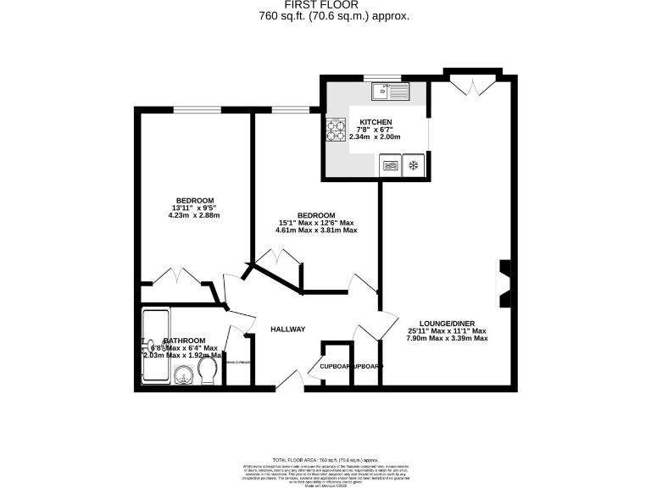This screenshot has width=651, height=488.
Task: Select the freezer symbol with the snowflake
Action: click(x=414, y=165)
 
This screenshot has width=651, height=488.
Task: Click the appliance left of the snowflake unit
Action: click(x=392, y=165)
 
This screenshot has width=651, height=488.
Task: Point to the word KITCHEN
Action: click(x=375, y=121)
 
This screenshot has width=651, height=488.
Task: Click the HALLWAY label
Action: click(x=287, y=330)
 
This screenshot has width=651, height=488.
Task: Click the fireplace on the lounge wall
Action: click(x=504, y=285)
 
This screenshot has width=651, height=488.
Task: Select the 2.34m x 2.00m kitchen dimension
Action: click(x=375, y=136)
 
